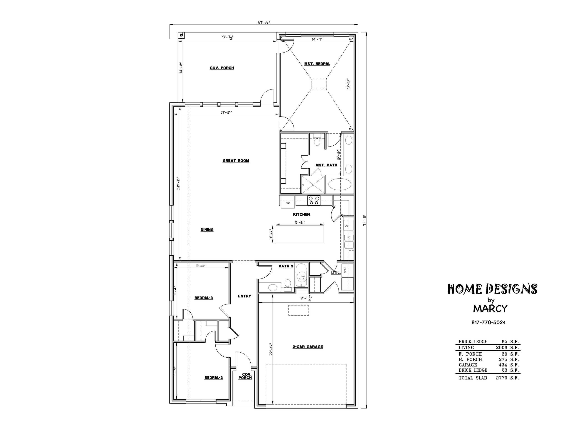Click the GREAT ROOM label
236,161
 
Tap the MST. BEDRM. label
317,64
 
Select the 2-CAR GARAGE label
308,347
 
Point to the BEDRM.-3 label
203,298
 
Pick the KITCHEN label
301,214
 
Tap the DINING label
207,230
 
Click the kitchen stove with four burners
314,201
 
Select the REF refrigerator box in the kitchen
288,202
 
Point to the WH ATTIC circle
302,278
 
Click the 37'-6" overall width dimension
264,22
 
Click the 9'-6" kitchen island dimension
300,222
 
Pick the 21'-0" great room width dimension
226,112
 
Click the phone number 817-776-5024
488,322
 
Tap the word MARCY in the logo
490,308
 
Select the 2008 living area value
501,347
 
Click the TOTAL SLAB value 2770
501,378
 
